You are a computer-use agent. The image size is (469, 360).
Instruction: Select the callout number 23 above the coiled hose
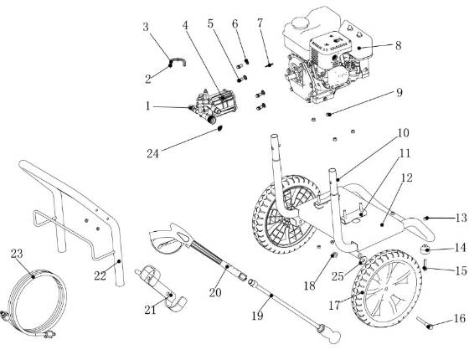click(16, 251)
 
